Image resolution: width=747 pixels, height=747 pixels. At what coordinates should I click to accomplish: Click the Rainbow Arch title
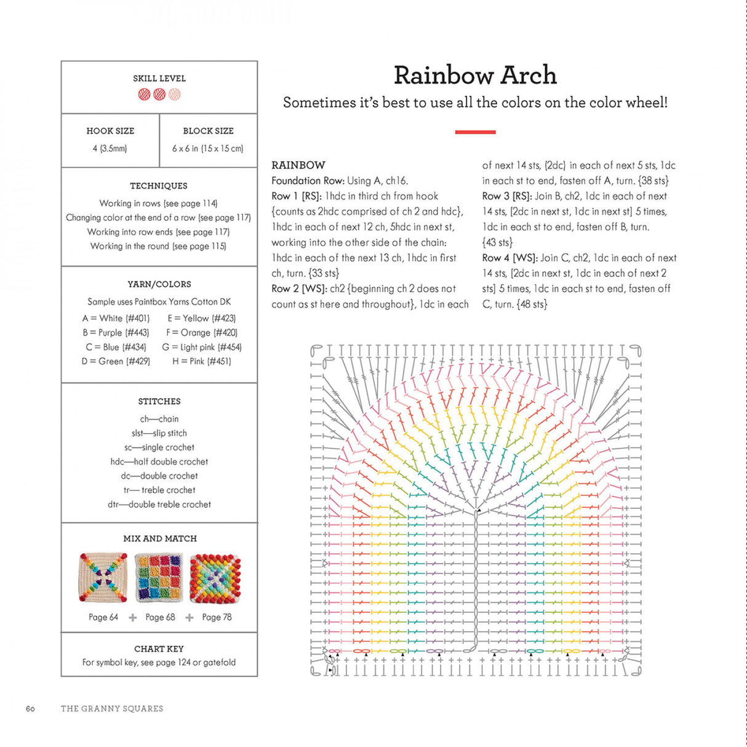(x=475, y=75)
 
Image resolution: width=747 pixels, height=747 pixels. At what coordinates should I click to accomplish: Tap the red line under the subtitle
(x=475, y=132)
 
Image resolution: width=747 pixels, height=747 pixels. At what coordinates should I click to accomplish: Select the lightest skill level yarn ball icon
(x=175, y=95)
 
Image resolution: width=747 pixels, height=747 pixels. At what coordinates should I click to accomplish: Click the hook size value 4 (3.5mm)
(x=110, y=148)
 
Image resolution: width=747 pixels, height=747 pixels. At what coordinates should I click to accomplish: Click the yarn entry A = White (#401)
(x=116, y=318)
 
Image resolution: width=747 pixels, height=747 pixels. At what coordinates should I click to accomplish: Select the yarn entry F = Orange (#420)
(x=202, y=332)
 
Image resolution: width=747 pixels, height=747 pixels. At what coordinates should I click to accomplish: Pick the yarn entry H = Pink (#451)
(x=202, y=361)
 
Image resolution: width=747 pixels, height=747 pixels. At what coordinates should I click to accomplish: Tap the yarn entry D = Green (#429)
(x=116, y=361)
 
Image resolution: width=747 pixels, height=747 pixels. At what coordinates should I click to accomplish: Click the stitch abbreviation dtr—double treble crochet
(x=159, y=504)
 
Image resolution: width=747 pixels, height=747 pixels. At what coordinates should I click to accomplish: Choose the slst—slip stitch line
(x=159, y=433)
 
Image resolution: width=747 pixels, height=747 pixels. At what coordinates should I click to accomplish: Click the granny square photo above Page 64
(x=103, y=577)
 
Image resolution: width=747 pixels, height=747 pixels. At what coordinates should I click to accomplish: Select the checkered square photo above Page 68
(x=159, y=577)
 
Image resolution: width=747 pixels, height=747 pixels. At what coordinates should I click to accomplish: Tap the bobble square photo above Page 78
(x=215, y=577)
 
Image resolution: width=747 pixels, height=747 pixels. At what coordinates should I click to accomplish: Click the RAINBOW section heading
(x=298, y=165)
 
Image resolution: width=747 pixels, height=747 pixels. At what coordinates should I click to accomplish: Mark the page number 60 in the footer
(x=30, y=709)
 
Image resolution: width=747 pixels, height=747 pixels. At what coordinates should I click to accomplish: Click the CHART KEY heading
(x=159, y=649)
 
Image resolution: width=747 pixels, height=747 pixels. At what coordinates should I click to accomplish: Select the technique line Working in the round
(x=158, y=246)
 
